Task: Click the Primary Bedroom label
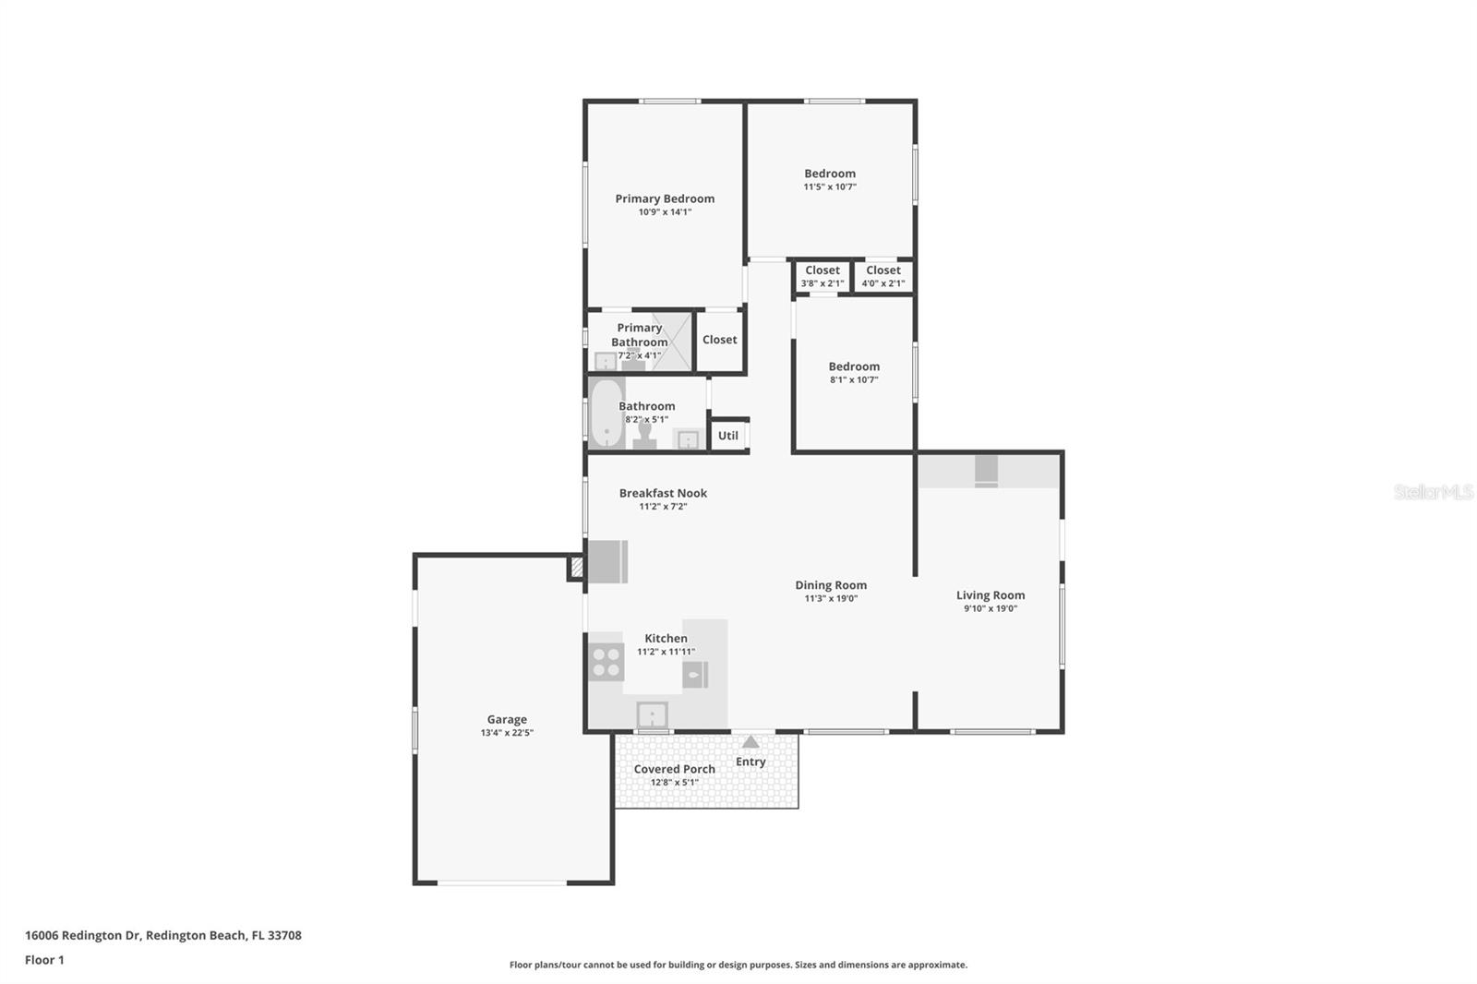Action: tap(665, 198)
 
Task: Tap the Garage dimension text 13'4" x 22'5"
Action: tap(507, 733)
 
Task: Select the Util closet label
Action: tap(728, 436)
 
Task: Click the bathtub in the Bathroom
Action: tap(606, 413)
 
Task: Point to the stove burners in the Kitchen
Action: tap(606, 662)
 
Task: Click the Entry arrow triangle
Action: tap(751, 742)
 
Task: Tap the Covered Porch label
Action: tap(674, 769)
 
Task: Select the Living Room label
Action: tap(991, 595)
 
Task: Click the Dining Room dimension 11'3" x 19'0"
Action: tap(831, 598)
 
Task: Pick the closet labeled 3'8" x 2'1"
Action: tap(822, 277)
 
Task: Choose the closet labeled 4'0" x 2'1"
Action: tap(883, 277)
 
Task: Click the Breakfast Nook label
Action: tap(663, 493)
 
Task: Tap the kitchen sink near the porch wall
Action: tap(652, 715)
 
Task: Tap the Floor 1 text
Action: tap(44, 960)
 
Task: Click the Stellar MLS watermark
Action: tap(1433, 492)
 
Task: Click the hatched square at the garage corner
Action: tap(577, 568)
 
